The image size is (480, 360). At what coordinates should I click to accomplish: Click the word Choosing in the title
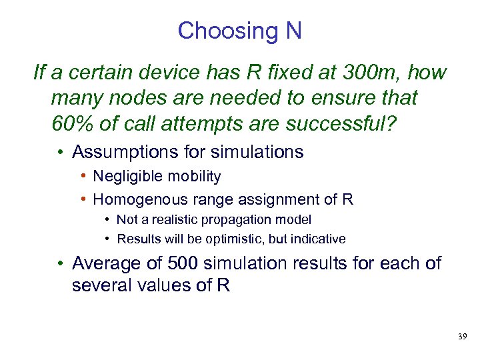(x=218, y=31)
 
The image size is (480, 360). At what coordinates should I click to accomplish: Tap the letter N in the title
(x=293, y=31)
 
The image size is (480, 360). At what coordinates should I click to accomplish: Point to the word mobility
(x=194, y=177)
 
